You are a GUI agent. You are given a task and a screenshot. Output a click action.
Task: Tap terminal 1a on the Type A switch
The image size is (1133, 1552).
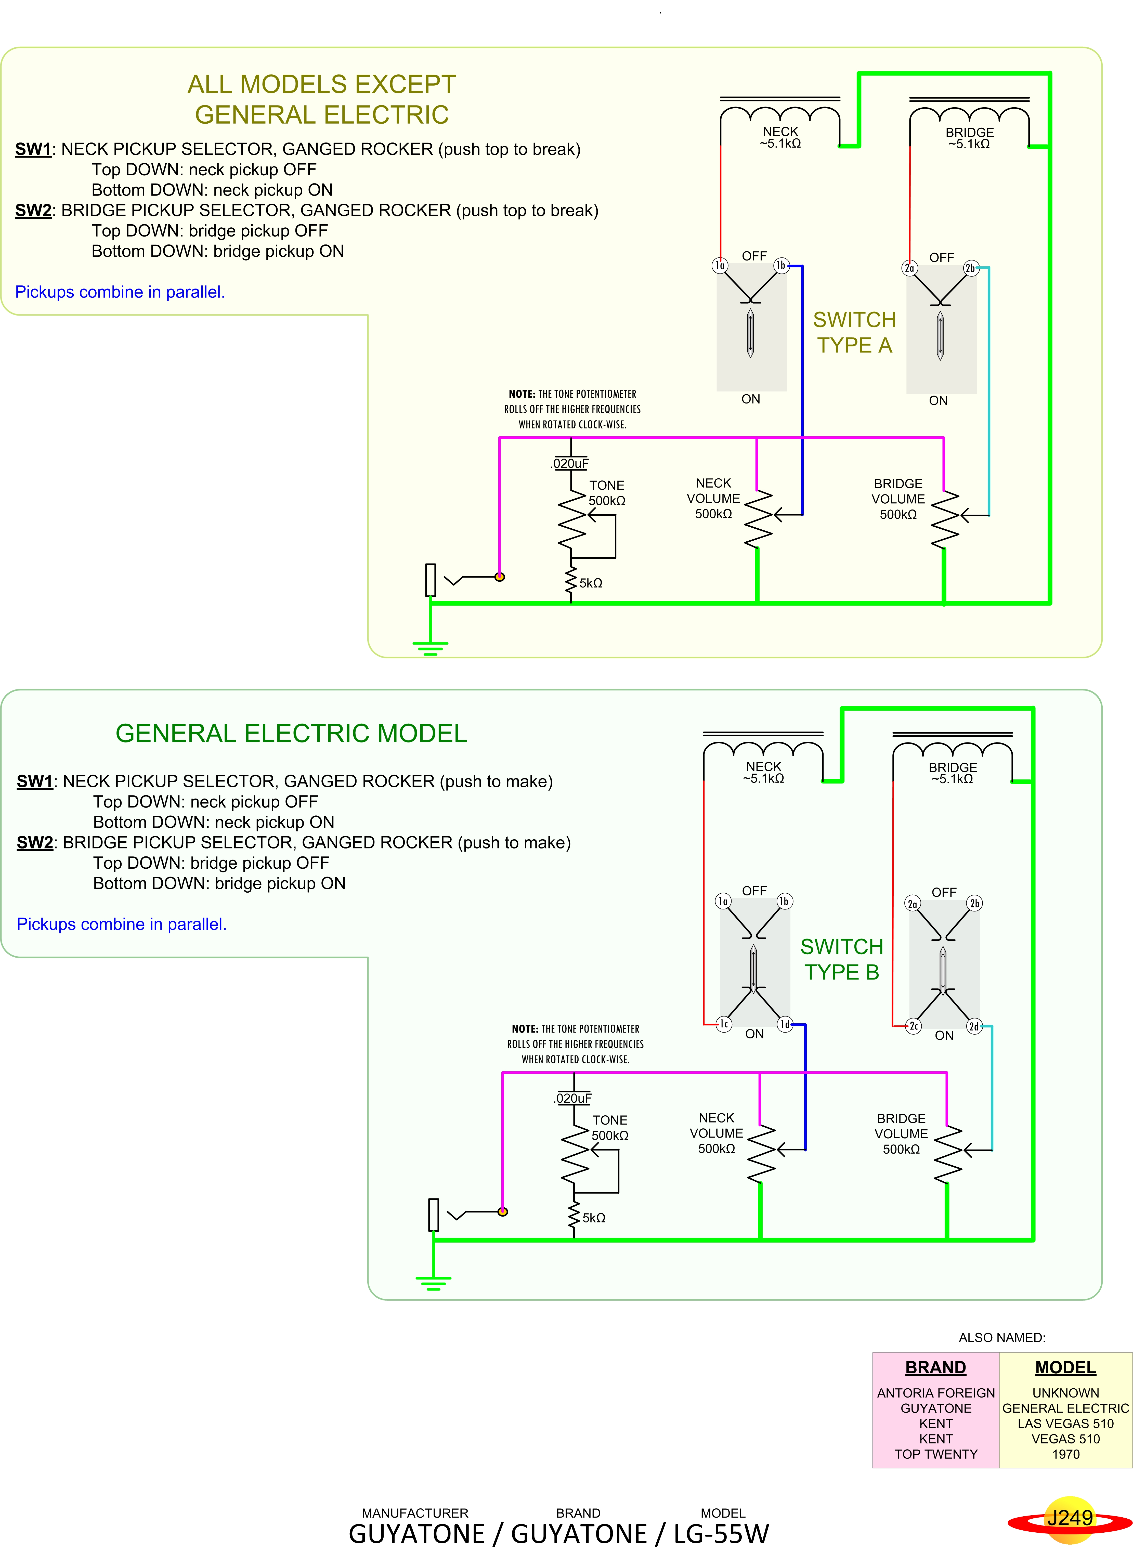(x=720, y=265)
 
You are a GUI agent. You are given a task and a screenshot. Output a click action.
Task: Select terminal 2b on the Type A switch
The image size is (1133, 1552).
(x=970, y=268)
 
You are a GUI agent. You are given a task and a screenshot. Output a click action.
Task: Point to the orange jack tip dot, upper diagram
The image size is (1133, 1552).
(x=500, y=577)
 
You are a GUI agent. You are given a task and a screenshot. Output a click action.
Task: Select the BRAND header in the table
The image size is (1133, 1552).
(x=935, y=1367)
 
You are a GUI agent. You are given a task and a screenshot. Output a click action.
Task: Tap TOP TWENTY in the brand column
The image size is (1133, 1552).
(x=935, y=1454)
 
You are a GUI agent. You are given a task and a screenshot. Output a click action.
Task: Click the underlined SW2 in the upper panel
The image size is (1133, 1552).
(x=33, y=211)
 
